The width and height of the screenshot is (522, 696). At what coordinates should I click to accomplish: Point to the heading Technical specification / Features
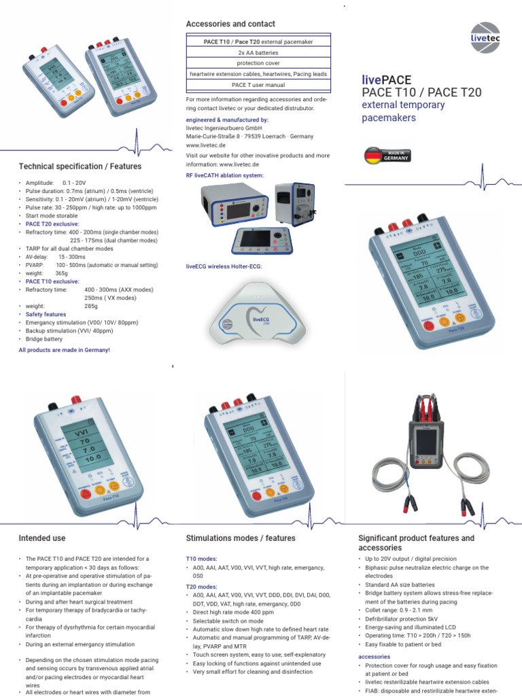[x=80, y=166]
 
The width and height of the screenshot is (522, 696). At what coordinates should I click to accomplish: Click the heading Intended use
[x=42, y=538]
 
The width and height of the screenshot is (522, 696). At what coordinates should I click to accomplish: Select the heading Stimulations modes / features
[x=241, y=538]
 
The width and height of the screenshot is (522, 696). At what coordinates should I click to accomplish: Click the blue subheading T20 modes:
[x=201, y=586]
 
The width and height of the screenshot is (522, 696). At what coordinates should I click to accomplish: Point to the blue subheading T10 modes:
[x=201, y=558]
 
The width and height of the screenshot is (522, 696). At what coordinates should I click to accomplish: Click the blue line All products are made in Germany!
[x=64, y=349]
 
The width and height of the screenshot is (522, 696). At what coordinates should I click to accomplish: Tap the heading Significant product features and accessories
[x=416, y=542]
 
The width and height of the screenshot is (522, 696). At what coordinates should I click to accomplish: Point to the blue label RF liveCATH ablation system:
[x=225, y=175]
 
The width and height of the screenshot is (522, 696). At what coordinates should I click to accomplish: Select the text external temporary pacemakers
[x=402, y=111]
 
